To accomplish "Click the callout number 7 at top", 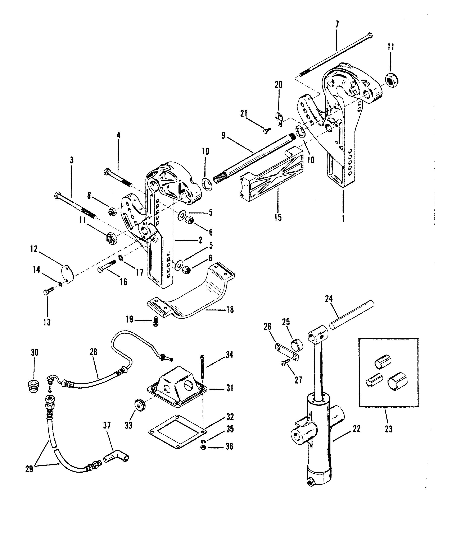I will pos(337,25).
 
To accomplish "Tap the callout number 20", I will pos(279,85).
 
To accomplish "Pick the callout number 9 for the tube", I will pos(223,136).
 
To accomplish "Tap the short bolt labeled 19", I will pos(155,320).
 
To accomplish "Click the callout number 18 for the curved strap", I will pos(230,310).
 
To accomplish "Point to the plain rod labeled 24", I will pos(351,315).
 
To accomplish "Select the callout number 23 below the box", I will pos(388,429).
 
